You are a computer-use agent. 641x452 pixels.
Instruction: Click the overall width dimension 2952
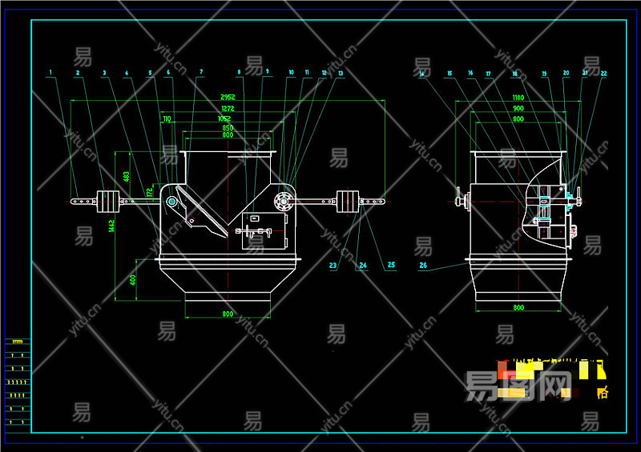(x=228, y=97)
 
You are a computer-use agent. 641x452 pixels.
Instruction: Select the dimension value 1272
(x=228, y=108)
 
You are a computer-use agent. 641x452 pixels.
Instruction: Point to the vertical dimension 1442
(x=111, y=226)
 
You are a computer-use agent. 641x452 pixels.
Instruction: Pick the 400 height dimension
(x=132, y=279)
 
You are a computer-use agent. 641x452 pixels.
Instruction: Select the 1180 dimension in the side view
(x=518, y=97)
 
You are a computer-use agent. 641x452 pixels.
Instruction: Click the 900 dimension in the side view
(x=518, y=108)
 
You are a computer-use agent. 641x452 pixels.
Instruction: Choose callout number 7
(x=201, y=73)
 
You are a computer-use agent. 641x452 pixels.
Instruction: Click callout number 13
(x=341, y=74)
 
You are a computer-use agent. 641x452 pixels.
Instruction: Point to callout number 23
(x=333, y=265)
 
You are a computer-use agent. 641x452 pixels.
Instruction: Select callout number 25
(x=391, y=265)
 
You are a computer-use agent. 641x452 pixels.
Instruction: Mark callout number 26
(x=422, y=265)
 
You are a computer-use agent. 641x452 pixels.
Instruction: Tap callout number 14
(x=421, y=74)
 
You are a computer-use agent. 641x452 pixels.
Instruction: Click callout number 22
(x=603, y=74)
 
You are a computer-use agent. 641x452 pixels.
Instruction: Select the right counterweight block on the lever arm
(x=349, y=201)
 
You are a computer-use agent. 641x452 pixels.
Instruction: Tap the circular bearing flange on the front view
(x=283, y=200)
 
